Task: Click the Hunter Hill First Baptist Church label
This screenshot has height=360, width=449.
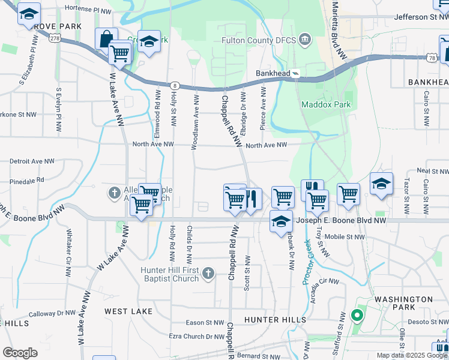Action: tap(169, 274)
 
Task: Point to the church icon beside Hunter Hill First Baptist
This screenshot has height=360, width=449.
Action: tap(208, 274)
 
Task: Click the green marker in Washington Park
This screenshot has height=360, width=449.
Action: tap(357, 314)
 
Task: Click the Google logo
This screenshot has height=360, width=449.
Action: tap(20, 353)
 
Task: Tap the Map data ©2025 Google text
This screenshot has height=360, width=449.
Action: tap(411, 355)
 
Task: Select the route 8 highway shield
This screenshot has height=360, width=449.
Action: tap(175, 86)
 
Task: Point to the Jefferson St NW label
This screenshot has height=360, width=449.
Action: tap(421, 17)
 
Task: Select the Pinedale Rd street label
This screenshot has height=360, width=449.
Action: tap(27, 179)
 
